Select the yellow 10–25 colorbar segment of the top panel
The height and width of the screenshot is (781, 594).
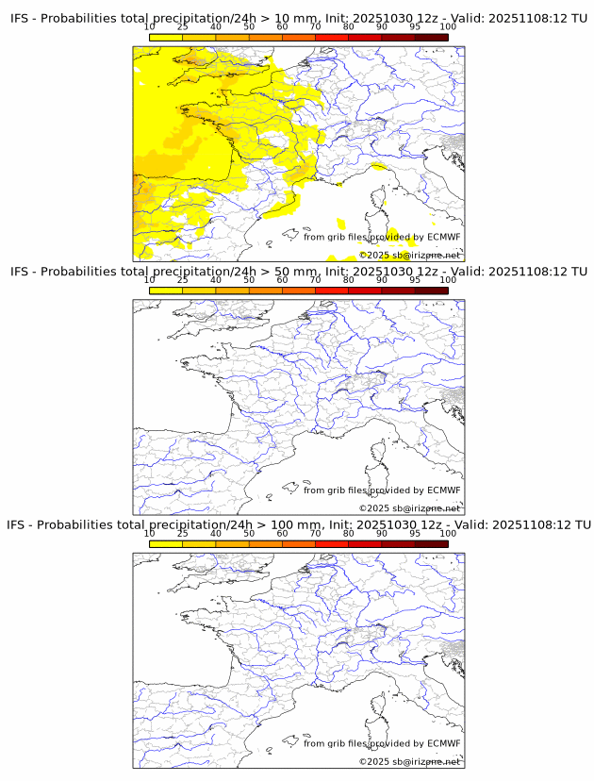coord(166,37)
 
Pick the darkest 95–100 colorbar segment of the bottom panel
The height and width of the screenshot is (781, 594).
coord(431,543)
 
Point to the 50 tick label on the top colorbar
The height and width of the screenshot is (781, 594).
coord(249,27)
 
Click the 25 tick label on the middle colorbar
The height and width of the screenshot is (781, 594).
coord(182,280)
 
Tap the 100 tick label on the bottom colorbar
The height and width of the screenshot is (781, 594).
coord(448,533)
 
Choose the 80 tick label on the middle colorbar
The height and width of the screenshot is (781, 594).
coord(348,280)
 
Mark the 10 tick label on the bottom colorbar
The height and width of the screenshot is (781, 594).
coord(149,533)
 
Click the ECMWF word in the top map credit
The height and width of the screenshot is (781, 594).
coord(444,237)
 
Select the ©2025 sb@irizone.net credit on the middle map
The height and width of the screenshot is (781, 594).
coord(410,507)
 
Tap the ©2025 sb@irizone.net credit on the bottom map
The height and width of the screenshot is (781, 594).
coord(410,760)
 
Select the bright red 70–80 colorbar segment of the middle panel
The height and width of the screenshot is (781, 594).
coord(332,291)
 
